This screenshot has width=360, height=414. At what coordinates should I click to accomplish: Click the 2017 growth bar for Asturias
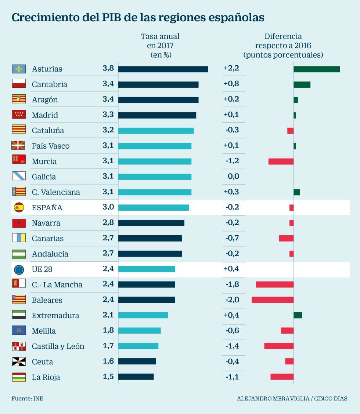coord(163,69)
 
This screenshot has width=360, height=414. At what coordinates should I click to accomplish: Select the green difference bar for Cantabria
coord(302,84)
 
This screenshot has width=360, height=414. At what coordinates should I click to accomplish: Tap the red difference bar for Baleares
coord(272,300)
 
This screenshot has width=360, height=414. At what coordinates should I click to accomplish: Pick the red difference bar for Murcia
coord(281,161)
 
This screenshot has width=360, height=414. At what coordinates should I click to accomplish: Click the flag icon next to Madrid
coord(19,115)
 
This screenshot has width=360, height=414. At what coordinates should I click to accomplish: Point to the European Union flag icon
coord(19,269)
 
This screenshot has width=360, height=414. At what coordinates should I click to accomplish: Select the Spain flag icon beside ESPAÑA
coord(19,207)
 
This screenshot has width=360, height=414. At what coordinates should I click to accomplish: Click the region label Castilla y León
coord(58,346)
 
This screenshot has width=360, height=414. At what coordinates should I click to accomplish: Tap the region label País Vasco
coord(51,146)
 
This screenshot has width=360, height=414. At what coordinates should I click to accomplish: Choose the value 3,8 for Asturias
coord(108,68)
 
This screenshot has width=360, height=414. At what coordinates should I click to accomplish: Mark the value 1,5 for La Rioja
coord(108,377)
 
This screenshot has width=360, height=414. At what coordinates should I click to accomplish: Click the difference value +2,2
coord(231,68)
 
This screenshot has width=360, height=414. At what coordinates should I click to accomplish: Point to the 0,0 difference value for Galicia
coord(233,176)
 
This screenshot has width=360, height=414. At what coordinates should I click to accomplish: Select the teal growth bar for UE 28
coord(146,269)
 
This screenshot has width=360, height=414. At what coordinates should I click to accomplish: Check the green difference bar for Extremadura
coord(298,315)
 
